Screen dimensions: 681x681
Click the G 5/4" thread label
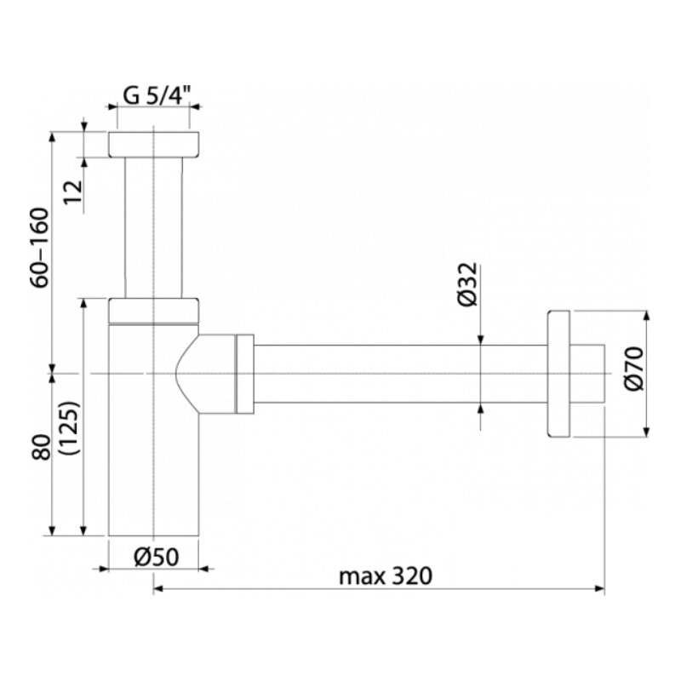[x=157, y=95]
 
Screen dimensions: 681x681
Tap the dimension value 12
[x=73, y=192]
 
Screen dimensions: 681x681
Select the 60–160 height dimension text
[x=40, y=248]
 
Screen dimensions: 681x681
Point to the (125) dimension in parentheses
[x=70, y=428]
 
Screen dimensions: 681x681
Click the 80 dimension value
[x=42, y=447]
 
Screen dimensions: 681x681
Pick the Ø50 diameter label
[x=157, y=557]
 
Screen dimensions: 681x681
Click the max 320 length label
[x=386, y=576]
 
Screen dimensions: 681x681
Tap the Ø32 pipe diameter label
[x=467, y=284]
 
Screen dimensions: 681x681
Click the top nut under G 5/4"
[x=154, y=144]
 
